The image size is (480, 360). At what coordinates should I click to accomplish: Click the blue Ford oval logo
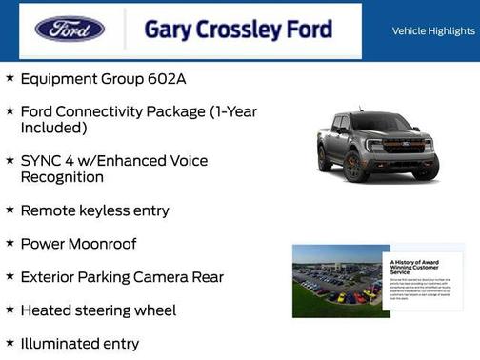coord(70,29)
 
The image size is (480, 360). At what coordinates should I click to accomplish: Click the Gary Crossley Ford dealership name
coord(238,30)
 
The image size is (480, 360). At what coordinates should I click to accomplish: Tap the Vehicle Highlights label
coord(433,31)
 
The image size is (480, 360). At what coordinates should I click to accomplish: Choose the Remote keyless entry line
coord(94,210)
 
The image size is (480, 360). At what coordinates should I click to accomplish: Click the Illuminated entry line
coord(79,344)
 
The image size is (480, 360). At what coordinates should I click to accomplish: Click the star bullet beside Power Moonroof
coord(10,242)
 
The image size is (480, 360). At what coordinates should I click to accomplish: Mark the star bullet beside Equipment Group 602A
coord(10,78)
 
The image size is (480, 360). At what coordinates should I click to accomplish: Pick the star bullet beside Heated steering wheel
coord(10,310)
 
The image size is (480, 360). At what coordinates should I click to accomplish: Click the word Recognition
coord(62,177)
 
